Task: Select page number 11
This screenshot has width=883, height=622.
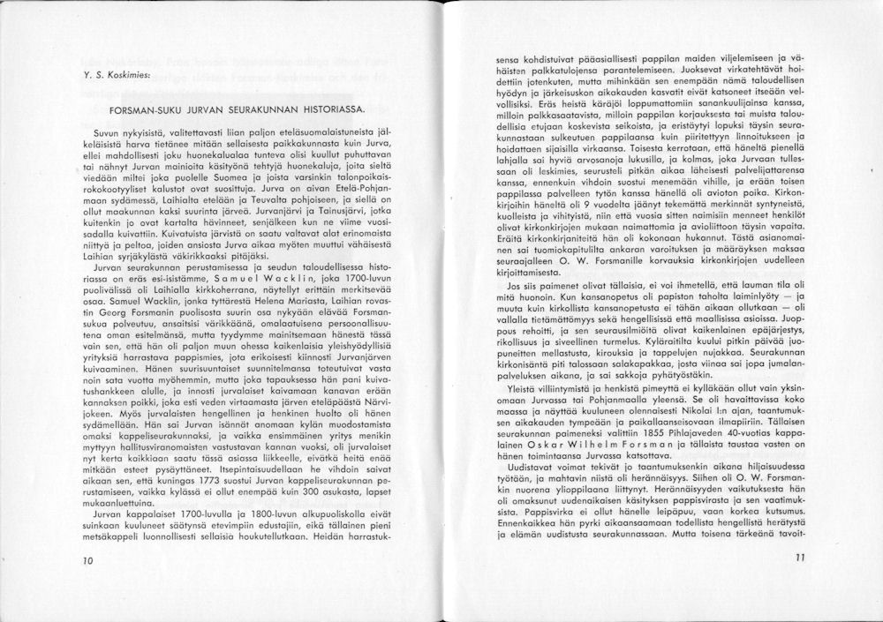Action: pyautogui.click(x=800, y=558)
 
